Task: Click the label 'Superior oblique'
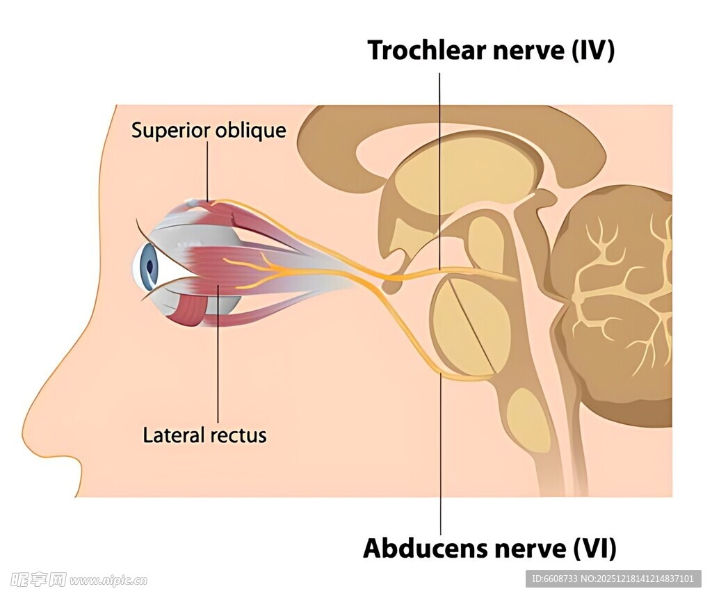point(209,130)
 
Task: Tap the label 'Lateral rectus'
point(204,436)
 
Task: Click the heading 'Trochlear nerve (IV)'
point(491,51)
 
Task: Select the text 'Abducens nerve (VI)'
point(489,549)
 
